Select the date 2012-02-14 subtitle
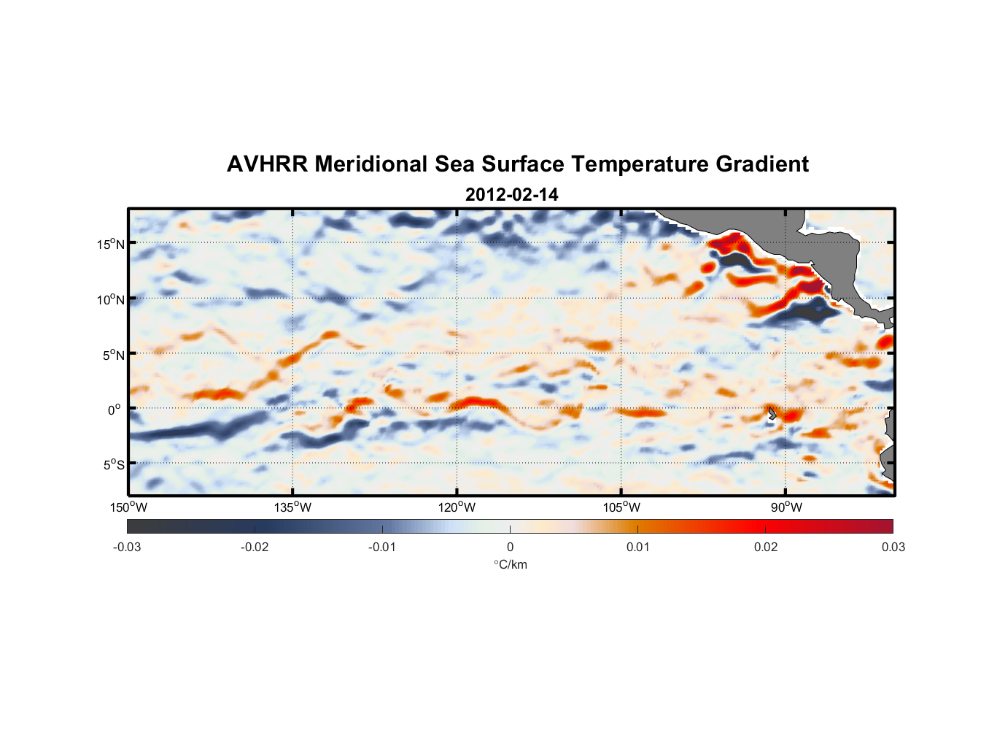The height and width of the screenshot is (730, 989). tap(511, 195)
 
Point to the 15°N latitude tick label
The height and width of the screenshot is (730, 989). tap(111, 244)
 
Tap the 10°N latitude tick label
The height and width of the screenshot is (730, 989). tap(111, 299)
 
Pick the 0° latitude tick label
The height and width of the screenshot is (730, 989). tap(115, 410)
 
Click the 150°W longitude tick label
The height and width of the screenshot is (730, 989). tap(129, 507)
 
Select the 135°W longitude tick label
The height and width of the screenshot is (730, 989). tap(293, 507)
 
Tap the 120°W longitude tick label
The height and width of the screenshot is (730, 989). tap(457, 507)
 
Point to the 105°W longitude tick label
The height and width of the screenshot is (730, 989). tap(621, 507)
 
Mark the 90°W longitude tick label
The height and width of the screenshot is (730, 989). tap(786, 507)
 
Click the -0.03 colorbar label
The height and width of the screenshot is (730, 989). tap(127, 547)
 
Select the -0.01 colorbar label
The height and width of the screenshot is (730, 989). tap(382, 547)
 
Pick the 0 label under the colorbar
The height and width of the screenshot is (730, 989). tap(510, 547)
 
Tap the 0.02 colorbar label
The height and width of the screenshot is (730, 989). tap(766, 547)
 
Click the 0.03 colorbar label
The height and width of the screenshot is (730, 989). tap(893, 547)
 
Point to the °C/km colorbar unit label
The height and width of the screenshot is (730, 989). tap(511, 564)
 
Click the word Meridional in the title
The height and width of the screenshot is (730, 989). tap(371, 164)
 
